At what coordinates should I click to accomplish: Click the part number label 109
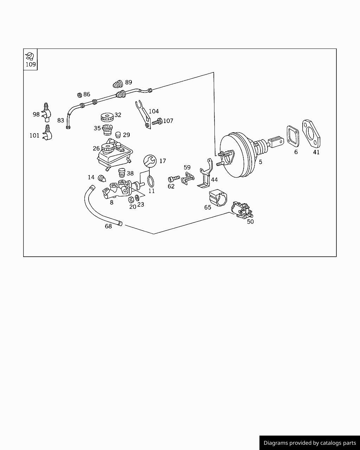(x=31, y=64)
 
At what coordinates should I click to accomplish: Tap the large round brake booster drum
(x=236, y=155)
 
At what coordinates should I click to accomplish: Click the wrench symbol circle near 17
(x=150, y=161)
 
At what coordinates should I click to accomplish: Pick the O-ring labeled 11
(x=151, y=181)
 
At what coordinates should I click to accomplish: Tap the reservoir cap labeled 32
(x=106, y=117)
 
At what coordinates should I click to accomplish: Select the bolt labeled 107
(x=157, y=122)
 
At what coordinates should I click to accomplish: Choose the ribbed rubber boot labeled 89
(x=118, y=84)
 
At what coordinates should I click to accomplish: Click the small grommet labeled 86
(x=79, y=95)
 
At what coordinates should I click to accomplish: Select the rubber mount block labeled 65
(x=217, y=198)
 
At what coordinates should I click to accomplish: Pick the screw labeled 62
(x=174, y=179)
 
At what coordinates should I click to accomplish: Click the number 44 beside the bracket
(x=214, y=180)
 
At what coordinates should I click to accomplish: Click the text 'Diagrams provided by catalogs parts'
(x=310, y=443)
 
